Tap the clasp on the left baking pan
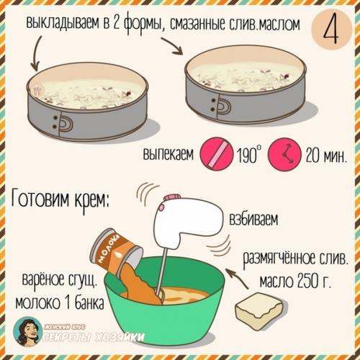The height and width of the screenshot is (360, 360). [63, 124]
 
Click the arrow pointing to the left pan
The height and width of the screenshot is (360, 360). [35, 53]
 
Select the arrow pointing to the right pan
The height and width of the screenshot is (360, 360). [172, 46]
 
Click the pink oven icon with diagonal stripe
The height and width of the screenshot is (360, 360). [216, 153]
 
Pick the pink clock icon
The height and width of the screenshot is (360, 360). [284, 154]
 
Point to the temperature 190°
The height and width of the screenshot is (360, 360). [249, 154]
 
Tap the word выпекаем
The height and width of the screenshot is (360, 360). [168, 153]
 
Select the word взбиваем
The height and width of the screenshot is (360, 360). [254, 219]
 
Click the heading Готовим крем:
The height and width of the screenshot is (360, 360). [60, 199]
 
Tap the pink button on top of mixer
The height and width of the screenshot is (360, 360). [171, 197]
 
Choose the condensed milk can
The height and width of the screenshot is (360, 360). [116, 252]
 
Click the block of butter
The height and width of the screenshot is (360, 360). [258, 310]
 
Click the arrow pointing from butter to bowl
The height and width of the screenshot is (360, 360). [238, 279]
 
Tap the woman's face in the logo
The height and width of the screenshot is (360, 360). [27, 331]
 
